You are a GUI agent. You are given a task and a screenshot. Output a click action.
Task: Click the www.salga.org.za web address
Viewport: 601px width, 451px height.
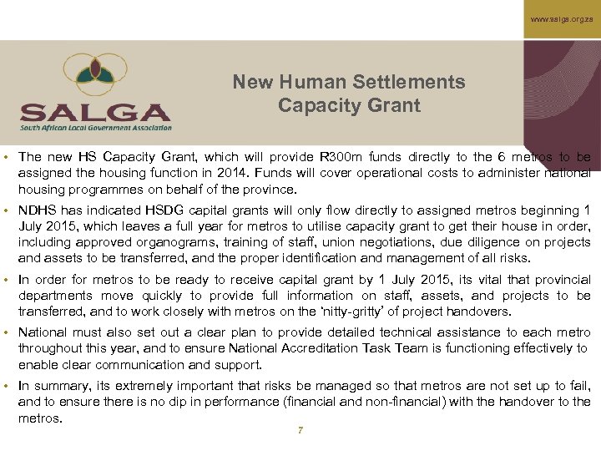pos(561,18)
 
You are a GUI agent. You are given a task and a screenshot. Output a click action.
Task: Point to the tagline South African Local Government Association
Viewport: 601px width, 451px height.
pos(96,127)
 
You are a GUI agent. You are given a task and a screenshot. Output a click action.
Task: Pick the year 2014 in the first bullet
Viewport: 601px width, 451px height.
pos(230,173)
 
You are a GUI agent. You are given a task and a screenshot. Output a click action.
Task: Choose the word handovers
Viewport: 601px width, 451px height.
pos(482,312)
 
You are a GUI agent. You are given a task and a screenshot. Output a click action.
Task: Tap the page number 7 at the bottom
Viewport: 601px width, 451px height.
pos(300,430)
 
